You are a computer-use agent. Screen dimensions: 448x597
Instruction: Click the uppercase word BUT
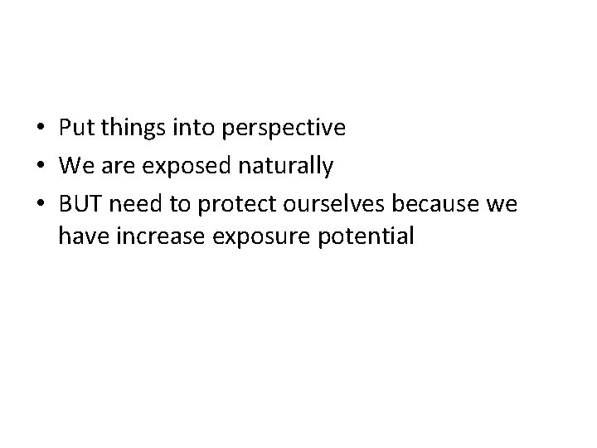pyautogui.click(x=78, y=204)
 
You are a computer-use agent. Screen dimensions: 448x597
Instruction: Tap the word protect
pyautogui.click(x=229, y=205)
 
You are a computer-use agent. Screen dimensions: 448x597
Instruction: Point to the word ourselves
pyautogui.click(x=327, y=204)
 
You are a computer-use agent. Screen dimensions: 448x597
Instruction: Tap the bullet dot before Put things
pyautogui.click(x=41, y=129)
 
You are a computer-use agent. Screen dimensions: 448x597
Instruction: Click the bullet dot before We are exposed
pyautogui.click(x=41, y=168)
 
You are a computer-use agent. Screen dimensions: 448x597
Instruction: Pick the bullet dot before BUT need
pyautogui.click(x=41, y=205)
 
